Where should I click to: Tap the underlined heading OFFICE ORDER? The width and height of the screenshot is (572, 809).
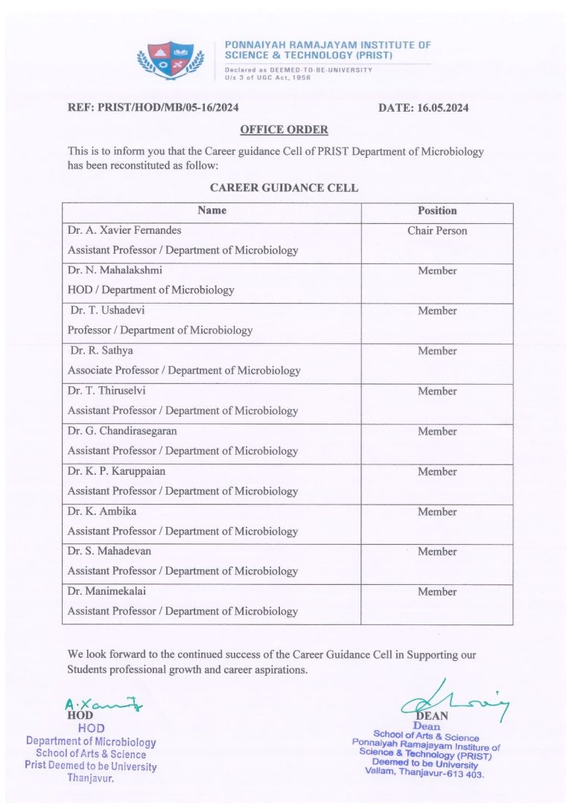[x=284, y=130]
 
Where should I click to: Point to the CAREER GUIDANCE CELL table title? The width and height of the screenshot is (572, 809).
[x=284, y=188]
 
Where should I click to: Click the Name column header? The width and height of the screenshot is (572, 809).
[x=212, y=211]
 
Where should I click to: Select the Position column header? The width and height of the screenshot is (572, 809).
[x=437, y=211]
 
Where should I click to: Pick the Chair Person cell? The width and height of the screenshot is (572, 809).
[x=437, y=231]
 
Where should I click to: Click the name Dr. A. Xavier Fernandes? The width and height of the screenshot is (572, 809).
[x=124, y=231]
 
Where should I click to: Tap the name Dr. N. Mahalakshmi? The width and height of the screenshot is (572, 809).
[x=115, y=271]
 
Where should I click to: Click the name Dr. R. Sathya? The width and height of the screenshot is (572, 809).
[x=102, y=351]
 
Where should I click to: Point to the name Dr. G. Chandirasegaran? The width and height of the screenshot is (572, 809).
[x=122, y=431]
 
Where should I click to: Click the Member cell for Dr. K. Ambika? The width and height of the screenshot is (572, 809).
[x=437, y=511]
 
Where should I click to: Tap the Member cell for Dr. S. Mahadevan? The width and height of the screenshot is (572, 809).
[x=437, y=551]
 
